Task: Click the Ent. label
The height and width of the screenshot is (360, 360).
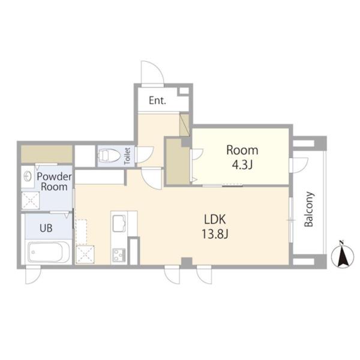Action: pos(157,101)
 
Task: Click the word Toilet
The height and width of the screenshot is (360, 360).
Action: pos(127,156)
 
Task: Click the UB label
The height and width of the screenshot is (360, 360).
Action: pos(46,228)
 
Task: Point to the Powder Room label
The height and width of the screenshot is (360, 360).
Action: pos(54,182)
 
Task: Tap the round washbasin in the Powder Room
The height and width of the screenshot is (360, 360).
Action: pos(28,177)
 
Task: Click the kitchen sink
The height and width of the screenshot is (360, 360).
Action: pos(119,223)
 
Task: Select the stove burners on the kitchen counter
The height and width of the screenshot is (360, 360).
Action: pos(119,255)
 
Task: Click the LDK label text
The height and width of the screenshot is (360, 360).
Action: pos(215,219)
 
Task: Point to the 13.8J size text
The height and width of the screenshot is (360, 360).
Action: pos(215,234)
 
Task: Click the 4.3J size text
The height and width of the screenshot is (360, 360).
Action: pos(242,164)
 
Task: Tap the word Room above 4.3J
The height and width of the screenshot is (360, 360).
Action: pos(242,150)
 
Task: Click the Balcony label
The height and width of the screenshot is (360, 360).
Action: pos(309,209)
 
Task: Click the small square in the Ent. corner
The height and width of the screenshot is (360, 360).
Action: pos(184,91)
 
